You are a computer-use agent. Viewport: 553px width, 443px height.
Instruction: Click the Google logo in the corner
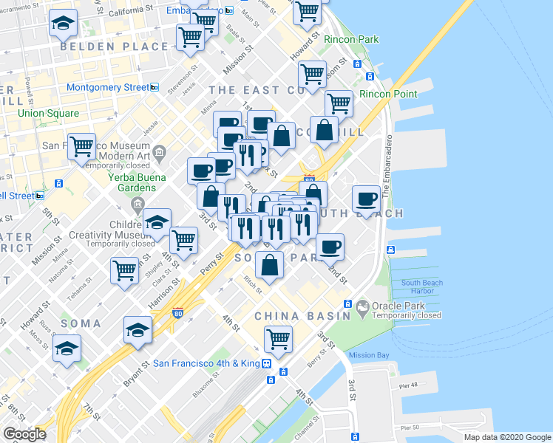24,434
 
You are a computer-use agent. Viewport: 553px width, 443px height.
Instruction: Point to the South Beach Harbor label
421,287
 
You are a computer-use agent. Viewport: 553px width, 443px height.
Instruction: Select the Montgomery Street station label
108,87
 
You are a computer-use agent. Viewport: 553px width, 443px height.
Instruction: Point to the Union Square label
48,113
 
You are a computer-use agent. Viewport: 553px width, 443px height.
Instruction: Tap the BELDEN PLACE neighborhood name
115,47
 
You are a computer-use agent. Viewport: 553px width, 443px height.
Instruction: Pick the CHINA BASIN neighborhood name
298,315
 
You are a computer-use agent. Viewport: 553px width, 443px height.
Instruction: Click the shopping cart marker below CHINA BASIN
278,339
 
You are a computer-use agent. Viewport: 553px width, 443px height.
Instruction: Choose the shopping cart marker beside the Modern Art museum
81,145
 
